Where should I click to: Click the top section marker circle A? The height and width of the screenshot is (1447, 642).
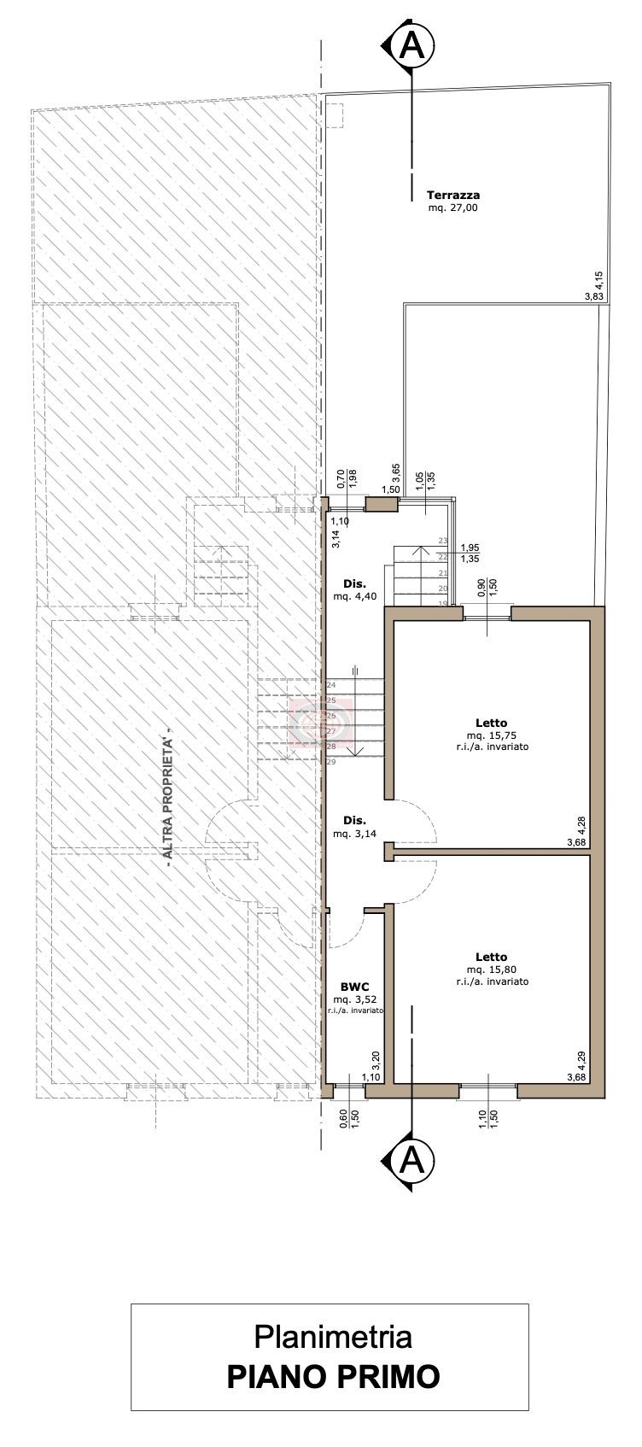coord(413,46)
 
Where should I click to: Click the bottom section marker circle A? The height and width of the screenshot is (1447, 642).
coord(413,1162)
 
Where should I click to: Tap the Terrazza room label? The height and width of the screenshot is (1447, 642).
coord(452,195)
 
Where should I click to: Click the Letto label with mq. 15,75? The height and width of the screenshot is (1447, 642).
coord(492,723)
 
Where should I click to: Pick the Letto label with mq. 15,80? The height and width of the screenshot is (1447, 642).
coord(492,957)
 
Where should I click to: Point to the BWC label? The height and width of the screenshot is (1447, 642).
coord(354,987)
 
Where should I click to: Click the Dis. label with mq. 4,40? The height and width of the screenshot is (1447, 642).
coord(354,584)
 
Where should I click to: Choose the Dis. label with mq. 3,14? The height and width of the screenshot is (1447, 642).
coord(354,820)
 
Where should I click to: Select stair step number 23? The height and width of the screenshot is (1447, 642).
coord(443,540)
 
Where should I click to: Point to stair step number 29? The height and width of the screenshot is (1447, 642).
coord(331,762)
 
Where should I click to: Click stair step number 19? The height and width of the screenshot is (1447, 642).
coord(443,604)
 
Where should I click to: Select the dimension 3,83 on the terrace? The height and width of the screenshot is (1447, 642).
coord(593,296)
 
